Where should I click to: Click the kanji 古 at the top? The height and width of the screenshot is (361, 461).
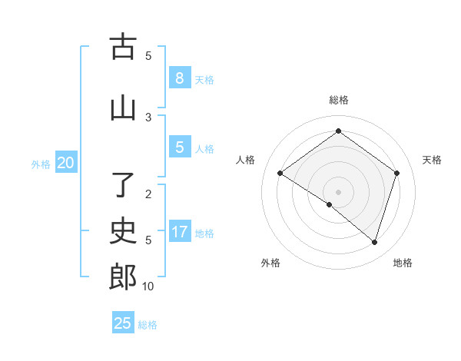[123, 47]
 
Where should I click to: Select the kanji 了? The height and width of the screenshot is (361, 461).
[123, 185]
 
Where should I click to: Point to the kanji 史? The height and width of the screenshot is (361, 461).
[123, 230]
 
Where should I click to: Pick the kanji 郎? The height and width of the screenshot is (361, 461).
[123, 277]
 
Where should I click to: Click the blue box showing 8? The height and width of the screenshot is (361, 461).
[179, 78]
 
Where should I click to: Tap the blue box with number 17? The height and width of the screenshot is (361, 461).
[179, 231]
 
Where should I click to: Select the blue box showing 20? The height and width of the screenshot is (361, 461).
[66, 162]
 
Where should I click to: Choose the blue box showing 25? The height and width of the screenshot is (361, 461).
[123, 323]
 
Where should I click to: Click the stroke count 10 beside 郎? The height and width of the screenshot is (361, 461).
[148, 286]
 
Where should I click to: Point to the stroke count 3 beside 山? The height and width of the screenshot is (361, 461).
[148, 117]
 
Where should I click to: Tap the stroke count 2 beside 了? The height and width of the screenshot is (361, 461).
[148, 194]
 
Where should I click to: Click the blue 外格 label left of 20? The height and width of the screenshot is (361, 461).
[41, 164]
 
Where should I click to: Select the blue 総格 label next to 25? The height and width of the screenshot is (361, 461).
[148, 324]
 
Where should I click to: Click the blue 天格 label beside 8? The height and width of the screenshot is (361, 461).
[204, 79]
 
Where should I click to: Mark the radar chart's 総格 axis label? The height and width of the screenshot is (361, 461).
[338, 100]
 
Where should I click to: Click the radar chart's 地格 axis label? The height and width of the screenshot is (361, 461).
[403, 263]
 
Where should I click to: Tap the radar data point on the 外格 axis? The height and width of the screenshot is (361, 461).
[330, 204]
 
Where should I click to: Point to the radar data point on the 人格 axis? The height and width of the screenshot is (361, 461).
[280, 174]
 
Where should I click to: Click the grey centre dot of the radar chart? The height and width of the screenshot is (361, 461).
[338, 191]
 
